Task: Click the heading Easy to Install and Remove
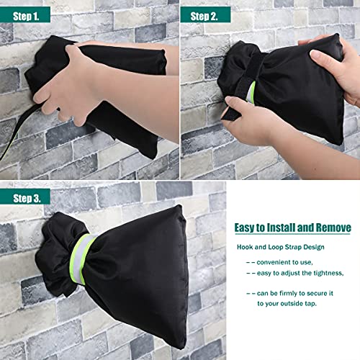click(x=291, y=228)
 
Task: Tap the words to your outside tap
click(x=288, y=304)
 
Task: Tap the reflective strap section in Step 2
click(x=251, y=92)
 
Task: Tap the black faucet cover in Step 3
click(x=144, y=274)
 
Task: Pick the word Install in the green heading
click(x=283, y=228)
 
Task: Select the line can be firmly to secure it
click(x=295, y=293)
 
